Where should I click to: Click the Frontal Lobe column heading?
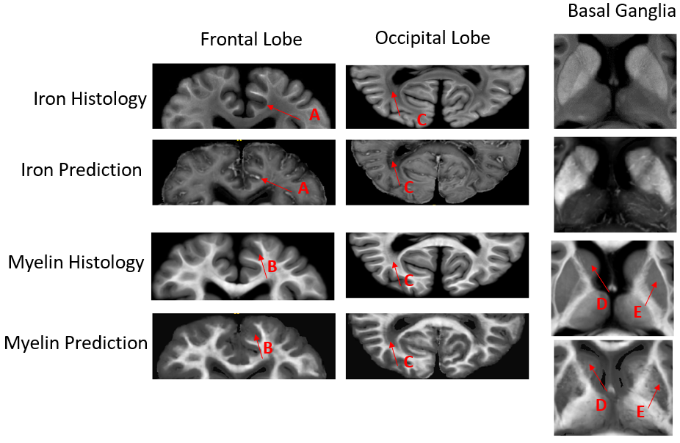pyautogui.click(x=251, y=40)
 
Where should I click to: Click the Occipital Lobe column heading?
pyautogui.click(x=432, y=37)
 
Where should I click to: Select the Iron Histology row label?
pyautogui.click(x=90, y=99)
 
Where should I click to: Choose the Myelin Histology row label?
pyautogui.click(x=76, y=262)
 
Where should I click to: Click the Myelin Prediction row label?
pyautogui.click(x=76, y=343)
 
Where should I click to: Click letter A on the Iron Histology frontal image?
pyautogui.click(x=314, y=114)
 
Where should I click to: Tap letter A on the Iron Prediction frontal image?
pyautogui.click(x=302, y=188)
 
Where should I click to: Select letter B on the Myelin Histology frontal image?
pyautogui.click(x=272, y=268)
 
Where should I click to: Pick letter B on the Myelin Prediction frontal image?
pyautogui.click(x=268, y=348)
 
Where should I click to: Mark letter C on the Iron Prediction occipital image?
pyautogui.click(x=410, y=188)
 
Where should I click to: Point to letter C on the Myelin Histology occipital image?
pyautogui.click(x=410, y=280)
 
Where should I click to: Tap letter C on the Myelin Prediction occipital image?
pyautogui.click(x=409, y=362)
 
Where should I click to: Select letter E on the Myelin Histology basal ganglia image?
pyautogui.click(x=638, y=312)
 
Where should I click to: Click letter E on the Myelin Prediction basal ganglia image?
pyautogui.click(x=640, y=412)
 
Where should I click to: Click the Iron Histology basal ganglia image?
pyautogui.click(x=615, y=81)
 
